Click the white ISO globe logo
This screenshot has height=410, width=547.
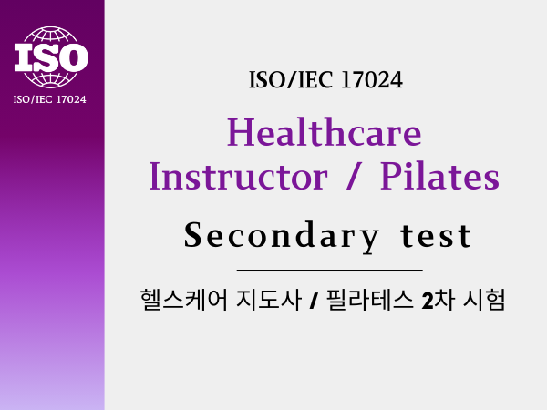click(x=51, y=56)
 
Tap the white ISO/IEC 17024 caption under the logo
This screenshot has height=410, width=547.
click(x=49, y=99)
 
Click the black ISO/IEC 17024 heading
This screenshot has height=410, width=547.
click(x=325, y=80)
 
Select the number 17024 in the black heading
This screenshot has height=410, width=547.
click(x=372, y=80)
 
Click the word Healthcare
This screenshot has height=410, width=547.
click(x=324, y=132)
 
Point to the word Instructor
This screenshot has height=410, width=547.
click(x=238, y=176)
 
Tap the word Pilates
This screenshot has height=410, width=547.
click(x=439, y=176)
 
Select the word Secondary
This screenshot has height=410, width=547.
click(x=281, y=236)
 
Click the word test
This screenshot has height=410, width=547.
click(x=436, y=236)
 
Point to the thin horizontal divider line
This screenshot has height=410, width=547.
click(x=330, y=270)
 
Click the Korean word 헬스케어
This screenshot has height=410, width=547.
click(x=184, y=300)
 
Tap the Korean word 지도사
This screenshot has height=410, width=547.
click(x=269, y=300)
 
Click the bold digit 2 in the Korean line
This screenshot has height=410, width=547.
click(x=428, y=301)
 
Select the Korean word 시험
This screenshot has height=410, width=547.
click(x=484, y=300)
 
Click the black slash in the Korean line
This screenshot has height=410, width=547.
click(x=314, y=301)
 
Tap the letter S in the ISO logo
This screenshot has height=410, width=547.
click(x=51, y=56)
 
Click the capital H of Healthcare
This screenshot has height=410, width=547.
click(x=241, y=132)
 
